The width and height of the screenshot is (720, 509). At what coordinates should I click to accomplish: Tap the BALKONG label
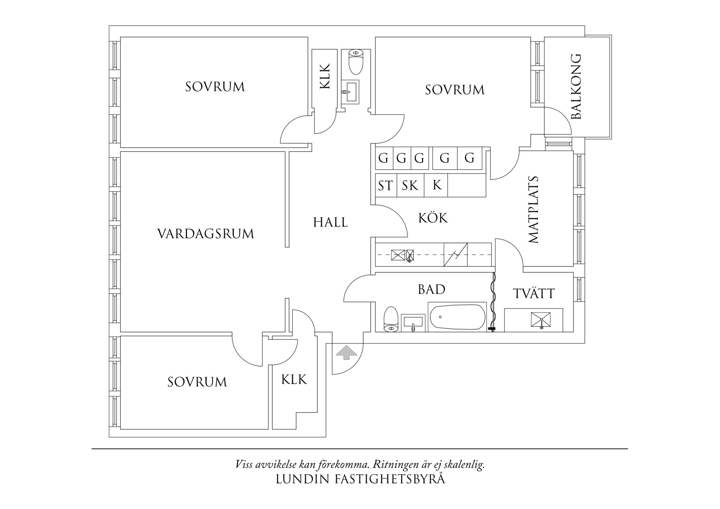point(576,87)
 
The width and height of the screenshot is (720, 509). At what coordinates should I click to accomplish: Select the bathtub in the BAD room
point(457,317)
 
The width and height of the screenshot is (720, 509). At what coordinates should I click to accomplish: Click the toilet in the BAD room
point(391,319)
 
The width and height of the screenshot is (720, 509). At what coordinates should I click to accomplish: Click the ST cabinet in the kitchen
point(385,186)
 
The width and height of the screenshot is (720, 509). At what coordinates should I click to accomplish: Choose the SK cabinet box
point(410,186)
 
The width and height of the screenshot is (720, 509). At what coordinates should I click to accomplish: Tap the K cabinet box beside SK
point(436,185)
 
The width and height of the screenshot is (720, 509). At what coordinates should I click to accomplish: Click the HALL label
point(330,222)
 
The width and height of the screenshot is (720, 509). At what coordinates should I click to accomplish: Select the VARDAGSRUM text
point(206,234)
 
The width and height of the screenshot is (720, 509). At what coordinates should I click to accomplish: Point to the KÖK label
point(433,218)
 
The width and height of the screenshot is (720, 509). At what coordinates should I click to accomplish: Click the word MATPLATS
point(533,210)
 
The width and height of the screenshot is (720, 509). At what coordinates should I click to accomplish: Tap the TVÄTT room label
point(534,293)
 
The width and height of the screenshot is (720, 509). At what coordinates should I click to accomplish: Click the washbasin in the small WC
point(350,91)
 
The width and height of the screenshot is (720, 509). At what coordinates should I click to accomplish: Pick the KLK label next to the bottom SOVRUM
point(294,379)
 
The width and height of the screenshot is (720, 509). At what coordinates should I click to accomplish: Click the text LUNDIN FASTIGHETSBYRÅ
point(360,479)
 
